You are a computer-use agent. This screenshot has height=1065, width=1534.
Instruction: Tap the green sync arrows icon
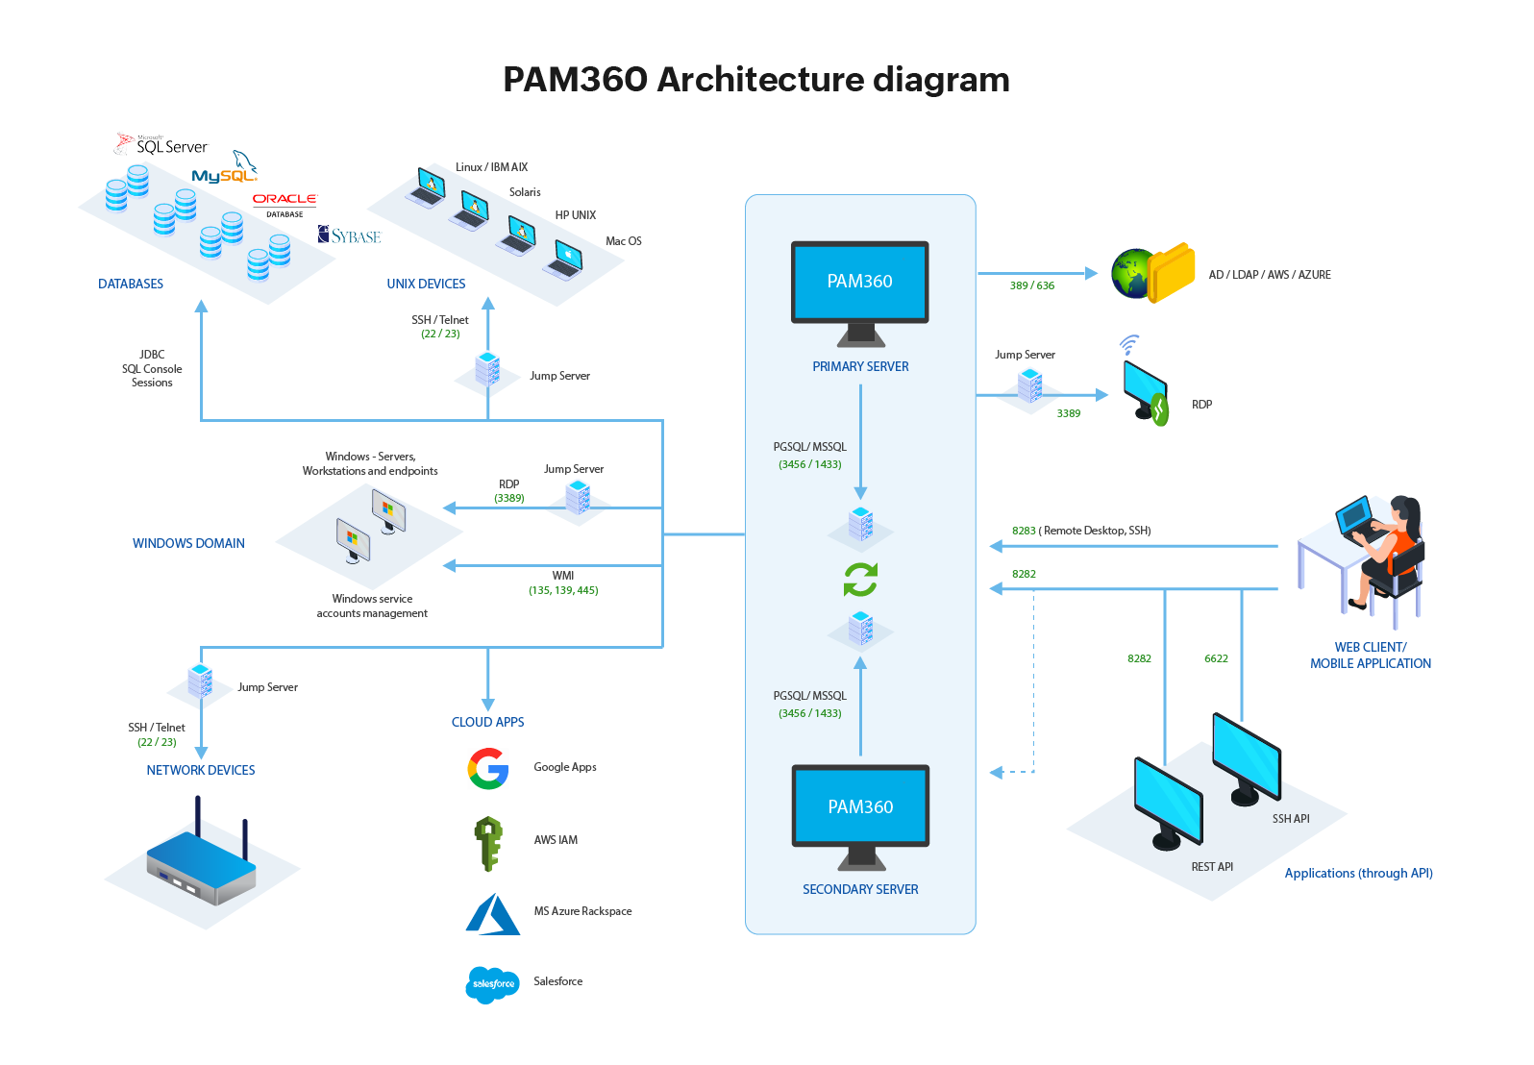[x=860, y=580]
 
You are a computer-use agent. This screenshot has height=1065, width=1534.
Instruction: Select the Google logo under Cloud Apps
[x=488, y=769]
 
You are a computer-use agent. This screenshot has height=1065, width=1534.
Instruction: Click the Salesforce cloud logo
[x=492, y=984]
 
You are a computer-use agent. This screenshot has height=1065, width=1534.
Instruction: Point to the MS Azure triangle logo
[x=493, y=914]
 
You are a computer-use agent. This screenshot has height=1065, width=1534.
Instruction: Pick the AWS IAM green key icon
[x=488, y=843]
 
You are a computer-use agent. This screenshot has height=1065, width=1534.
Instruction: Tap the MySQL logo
[x=225, y=173]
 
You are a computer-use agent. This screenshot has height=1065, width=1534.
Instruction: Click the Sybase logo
[x=350, y=235]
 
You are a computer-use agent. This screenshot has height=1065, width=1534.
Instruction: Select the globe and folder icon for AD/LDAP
[x=1152, y=273]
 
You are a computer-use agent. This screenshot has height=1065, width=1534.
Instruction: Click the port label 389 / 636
[x=1032, y=285]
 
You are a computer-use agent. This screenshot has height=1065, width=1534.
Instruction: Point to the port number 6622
[x=1216, y=658]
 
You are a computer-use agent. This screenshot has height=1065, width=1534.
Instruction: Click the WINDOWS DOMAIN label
[x=188, y=543]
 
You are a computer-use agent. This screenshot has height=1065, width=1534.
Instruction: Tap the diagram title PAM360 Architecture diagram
[x=756, y=79]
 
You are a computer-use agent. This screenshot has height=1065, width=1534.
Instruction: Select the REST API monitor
[x=1168, y=803]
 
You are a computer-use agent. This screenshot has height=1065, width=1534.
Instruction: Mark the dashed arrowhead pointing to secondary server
[x=997, y=772]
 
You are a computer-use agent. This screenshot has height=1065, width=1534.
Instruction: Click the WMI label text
[x=563, y=576]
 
